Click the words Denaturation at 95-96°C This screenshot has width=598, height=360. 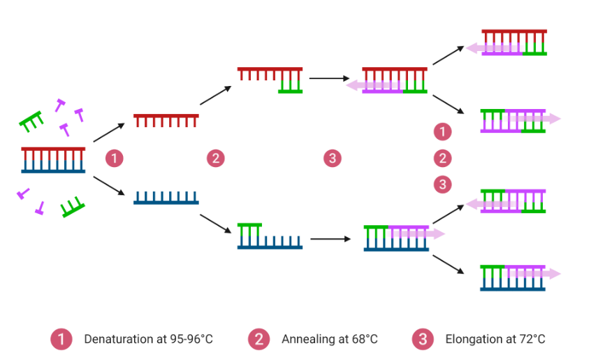148,340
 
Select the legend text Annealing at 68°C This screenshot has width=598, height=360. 329,340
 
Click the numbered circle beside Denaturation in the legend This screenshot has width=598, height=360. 61,340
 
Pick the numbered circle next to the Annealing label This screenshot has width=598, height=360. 258,340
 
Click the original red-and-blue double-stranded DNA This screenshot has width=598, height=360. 53,160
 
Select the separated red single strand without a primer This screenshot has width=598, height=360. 166,120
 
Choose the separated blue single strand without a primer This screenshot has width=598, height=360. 166,198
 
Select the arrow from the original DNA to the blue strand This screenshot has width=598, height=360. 108,187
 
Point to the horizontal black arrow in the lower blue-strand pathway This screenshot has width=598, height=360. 330,239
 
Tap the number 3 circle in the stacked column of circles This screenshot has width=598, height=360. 442,185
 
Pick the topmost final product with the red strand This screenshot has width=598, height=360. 513,42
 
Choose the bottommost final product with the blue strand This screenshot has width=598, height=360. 514,278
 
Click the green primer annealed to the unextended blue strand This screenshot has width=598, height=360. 250,231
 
